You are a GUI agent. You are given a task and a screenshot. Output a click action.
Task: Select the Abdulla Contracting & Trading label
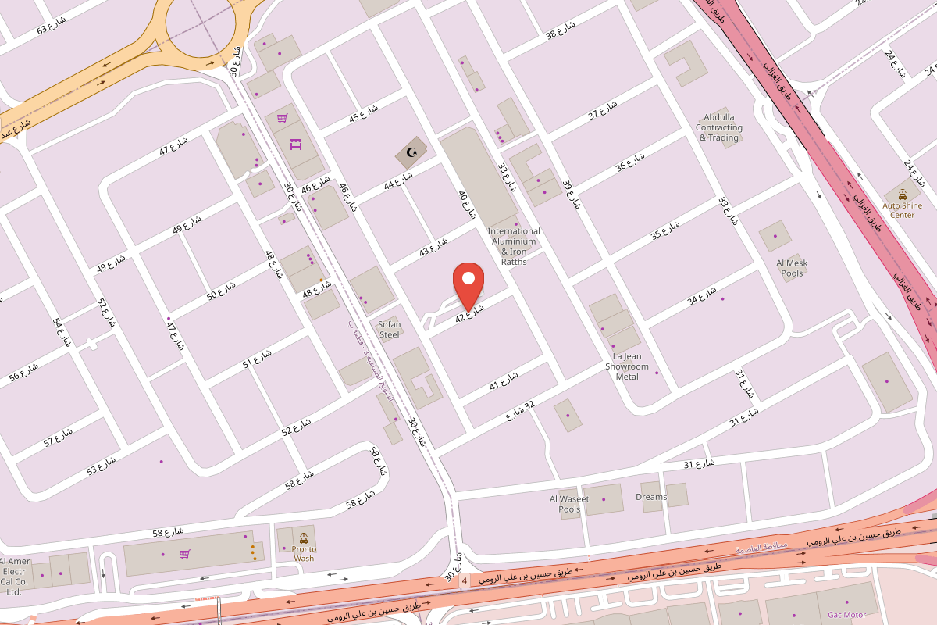719,128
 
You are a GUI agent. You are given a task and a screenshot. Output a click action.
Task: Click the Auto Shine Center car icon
903,194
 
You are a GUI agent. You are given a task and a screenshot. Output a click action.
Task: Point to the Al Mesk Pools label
792,268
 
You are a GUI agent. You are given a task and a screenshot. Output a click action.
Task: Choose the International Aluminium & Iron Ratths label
514,246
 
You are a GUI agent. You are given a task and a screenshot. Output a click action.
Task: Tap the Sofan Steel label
389,329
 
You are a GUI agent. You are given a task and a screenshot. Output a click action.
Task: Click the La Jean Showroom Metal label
627,366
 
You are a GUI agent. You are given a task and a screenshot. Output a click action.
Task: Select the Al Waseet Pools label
569,504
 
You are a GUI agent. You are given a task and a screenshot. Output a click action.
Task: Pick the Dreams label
651,497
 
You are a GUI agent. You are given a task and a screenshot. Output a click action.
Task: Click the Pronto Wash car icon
303,538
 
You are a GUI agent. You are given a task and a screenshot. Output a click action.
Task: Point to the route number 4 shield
465,581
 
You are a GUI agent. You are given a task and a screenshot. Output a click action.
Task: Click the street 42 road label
470,312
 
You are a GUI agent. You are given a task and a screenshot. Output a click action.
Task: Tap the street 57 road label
59,437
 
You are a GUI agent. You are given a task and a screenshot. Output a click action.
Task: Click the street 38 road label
560,30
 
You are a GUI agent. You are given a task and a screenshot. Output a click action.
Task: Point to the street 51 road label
257,359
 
